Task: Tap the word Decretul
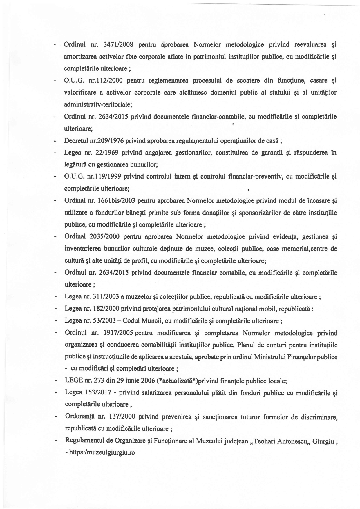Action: pyautogui.click(x=76, y=141)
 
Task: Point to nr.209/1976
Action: pyautogui.click(x=107, y=141)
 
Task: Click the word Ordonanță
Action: pyautogui.click(x=80, y=417)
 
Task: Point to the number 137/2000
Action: pyautogui.click(x=121, y=417)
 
